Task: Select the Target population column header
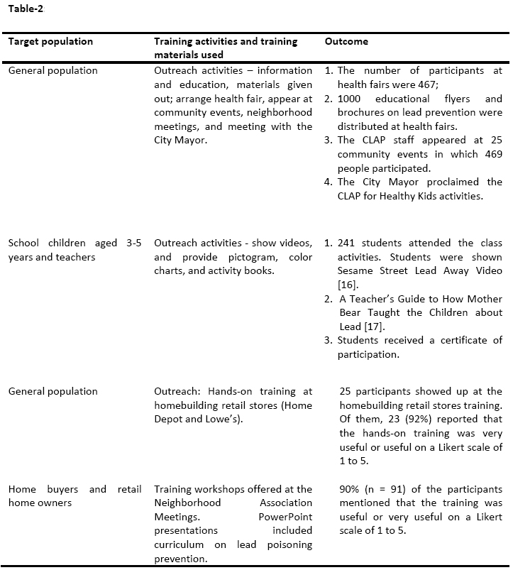pyautogui.click(x=50, y=41)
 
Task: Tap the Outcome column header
pyautogui.click(x=346, y=41)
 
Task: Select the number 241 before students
pyautogui.click(x=348, y=243)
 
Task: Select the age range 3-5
pyautogui.click(x=133, y=243)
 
